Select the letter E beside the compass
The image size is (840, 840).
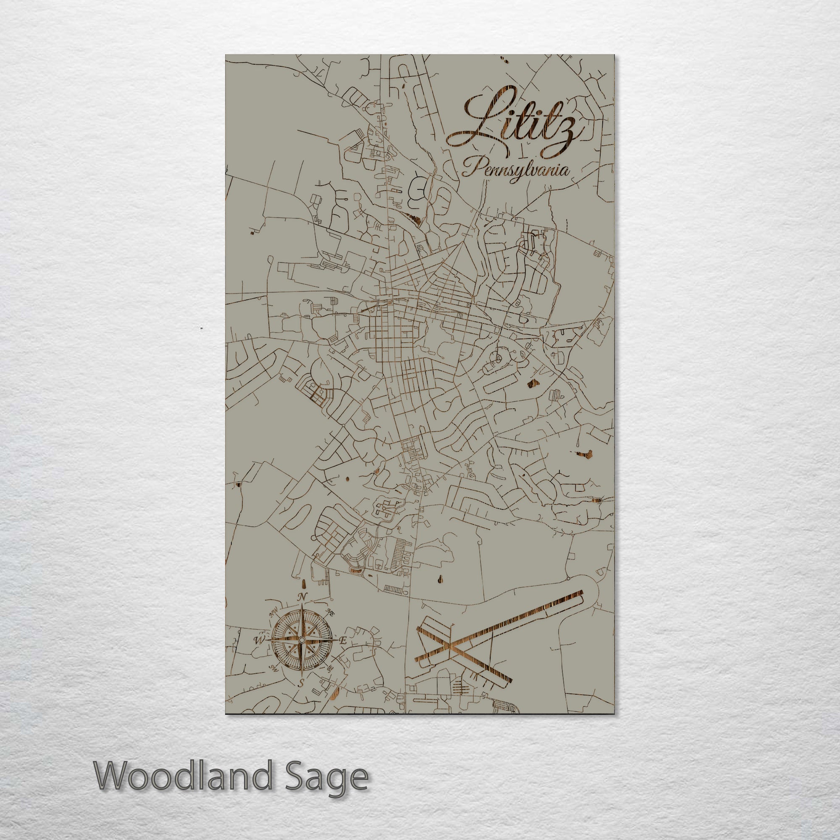(x=343, y=641)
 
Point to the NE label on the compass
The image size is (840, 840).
(x=330, y=613)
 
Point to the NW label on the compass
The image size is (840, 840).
(x=274, y=614)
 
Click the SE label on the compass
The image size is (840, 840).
(x=330, y=667)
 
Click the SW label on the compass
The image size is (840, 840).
(x=273, y=667)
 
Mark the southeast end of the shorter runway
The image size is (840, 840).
(x=509, y=681)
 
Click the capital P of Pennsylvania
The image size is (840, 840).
(x=472, y=168)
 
